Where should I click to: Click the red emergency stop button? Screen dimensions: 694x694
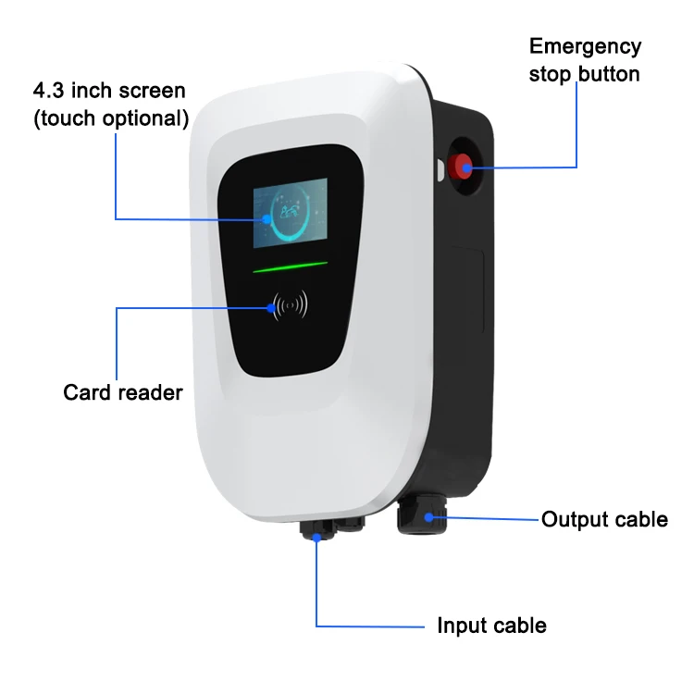459,167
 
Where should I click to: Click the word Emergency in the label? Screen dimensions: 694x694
585,47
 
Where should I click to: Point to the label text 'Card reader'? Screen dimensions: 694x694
123,392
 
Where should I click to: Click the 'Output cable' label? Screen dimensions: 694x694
604,519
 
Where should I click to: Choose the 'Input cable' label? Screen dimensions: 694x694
491,626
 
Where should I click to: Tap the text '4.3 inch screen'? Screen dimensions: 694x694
109,92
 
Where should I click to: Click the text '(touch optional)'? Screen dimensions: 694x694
111,118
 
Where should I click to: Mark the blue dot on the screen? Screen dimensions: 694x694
266,219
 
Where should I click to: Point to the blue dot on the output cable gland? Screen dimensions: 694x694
427,518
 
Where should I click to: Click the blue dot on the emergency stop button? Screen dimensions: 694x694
465,167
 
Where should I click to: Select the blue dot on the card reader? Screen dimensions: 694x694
275,308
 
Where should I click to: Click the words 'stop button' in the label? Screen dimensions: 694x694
584,74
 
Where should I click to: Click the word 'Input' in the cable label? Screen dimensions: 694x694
461,626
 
